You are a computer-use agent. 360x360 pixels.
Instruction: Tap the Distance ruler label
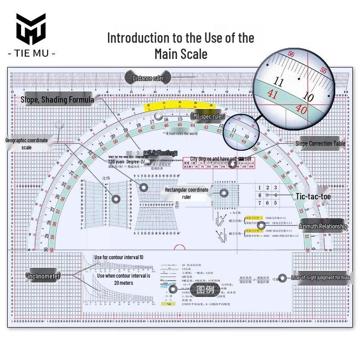click(x=148, y=78)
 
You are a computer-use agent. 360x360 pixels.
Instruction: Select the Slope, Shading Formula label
click(x=57, y=99)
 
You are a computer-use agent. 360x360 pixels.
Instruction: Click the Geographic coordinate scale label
click(x=26, y=144)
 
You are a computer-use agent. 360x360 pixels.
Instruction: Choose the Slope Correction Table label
click(x=320, y=144)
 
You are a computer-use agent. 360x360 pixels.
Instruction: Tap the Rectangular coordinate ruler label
click(x=186, y=193)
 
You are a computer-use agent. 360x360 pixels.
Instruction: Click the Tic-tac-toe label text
click(x=313, y=197)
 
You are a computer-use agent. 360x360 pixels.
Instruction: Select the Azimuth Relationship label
click(x=323, y=226)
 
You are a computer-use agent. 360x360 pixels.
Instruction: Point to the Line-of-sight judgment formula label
click(x=320, y=278)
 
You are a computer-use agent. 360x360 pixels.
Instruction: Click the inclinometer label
click(x=44, y=276)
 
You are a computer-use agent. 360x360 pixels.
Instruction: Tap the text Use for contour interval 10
click(x=119, y=257)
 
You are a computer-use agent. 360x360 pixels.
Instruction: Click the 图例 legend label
click(x=205, y=289)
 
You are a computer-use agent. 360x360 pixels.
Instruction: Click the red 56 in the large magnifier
click(x=291, y=54)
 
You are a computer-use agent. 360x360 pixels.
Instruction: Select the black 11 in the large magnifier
click(x=279, y=82)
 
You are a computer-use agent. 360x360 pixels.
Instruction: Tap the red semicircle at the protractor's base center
click(x=180, y=248)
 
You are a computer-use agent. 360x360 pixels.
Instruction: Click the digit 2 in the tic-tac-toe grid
click(x=269, y=188)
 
